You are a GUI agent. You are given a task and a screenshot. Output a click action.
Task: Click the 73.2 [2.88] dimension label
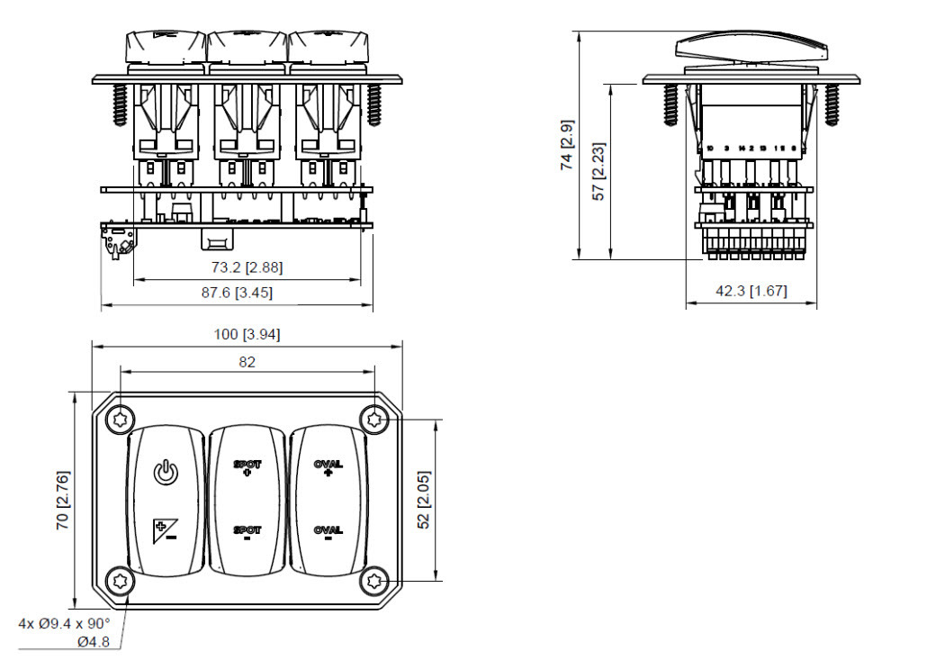coord(247,267)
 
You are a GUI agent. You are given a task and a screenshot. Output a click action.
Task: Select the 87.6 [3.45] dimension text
coord(237,293)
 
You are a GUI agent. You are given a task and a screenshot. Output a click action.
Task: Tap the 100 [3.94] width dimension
coord(247,335)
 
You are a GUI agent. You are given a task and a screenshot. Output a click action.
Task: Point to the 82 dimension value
coord(247,362)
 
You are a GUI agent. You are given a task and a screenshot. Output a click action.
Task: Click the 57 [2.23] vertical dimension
coord(598,171)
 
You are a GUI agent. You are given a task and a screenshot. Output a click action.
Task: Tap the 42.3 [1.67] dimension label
coord(751,290)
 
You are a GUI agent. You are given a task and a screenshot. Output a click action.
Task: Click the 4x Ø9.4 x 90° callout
coord(64,623)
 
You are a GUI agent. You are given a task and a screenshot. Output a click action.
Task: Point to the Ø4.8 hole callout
coord(94,642)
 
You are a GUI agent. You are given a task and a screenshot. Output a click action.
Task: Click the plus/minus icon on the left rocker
coord(163,531)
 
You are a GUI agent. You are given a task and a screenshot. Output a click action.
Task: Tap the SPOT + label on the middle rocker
coord(247,467)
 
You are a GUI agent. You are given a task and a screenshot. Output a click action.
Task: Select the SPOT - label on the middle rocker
coord(247,533)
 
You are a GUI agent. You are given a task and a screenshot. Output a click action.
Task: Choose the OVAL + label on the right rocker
coord(328,467)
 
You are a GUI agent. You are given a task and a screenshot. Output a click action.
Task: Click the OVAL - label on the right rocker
coord(328,534)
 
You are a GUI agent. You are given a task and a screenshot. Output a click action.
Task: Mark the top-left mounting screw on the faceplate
coord(121,420)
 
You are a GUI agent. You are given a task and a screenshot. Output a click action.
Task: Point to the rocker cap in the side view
coord(751,48)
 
